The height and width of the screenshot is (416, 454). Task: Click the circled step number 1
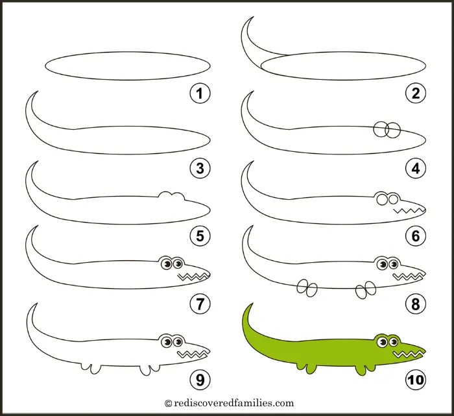200,94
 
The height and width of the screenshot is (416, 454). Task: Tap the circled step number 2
415,94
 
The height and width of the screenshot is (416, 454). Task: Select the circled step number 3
200,169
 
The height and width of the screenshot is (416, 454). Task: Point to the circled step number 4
415,169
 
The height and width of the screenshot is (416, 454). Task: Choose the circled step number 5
200,236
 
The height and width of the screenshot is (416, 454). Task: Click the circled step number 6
415,236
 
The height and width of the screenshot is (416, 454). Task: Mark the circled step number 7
200,302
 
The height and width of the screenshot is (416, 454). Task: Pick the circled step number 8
415,302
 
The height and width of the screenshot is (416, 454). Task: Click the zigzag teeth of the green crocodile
409,354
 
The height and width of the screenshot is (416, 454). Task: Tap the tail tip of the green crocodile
247,306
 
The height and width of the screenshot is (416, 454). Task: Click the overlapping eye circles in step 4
385,130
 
